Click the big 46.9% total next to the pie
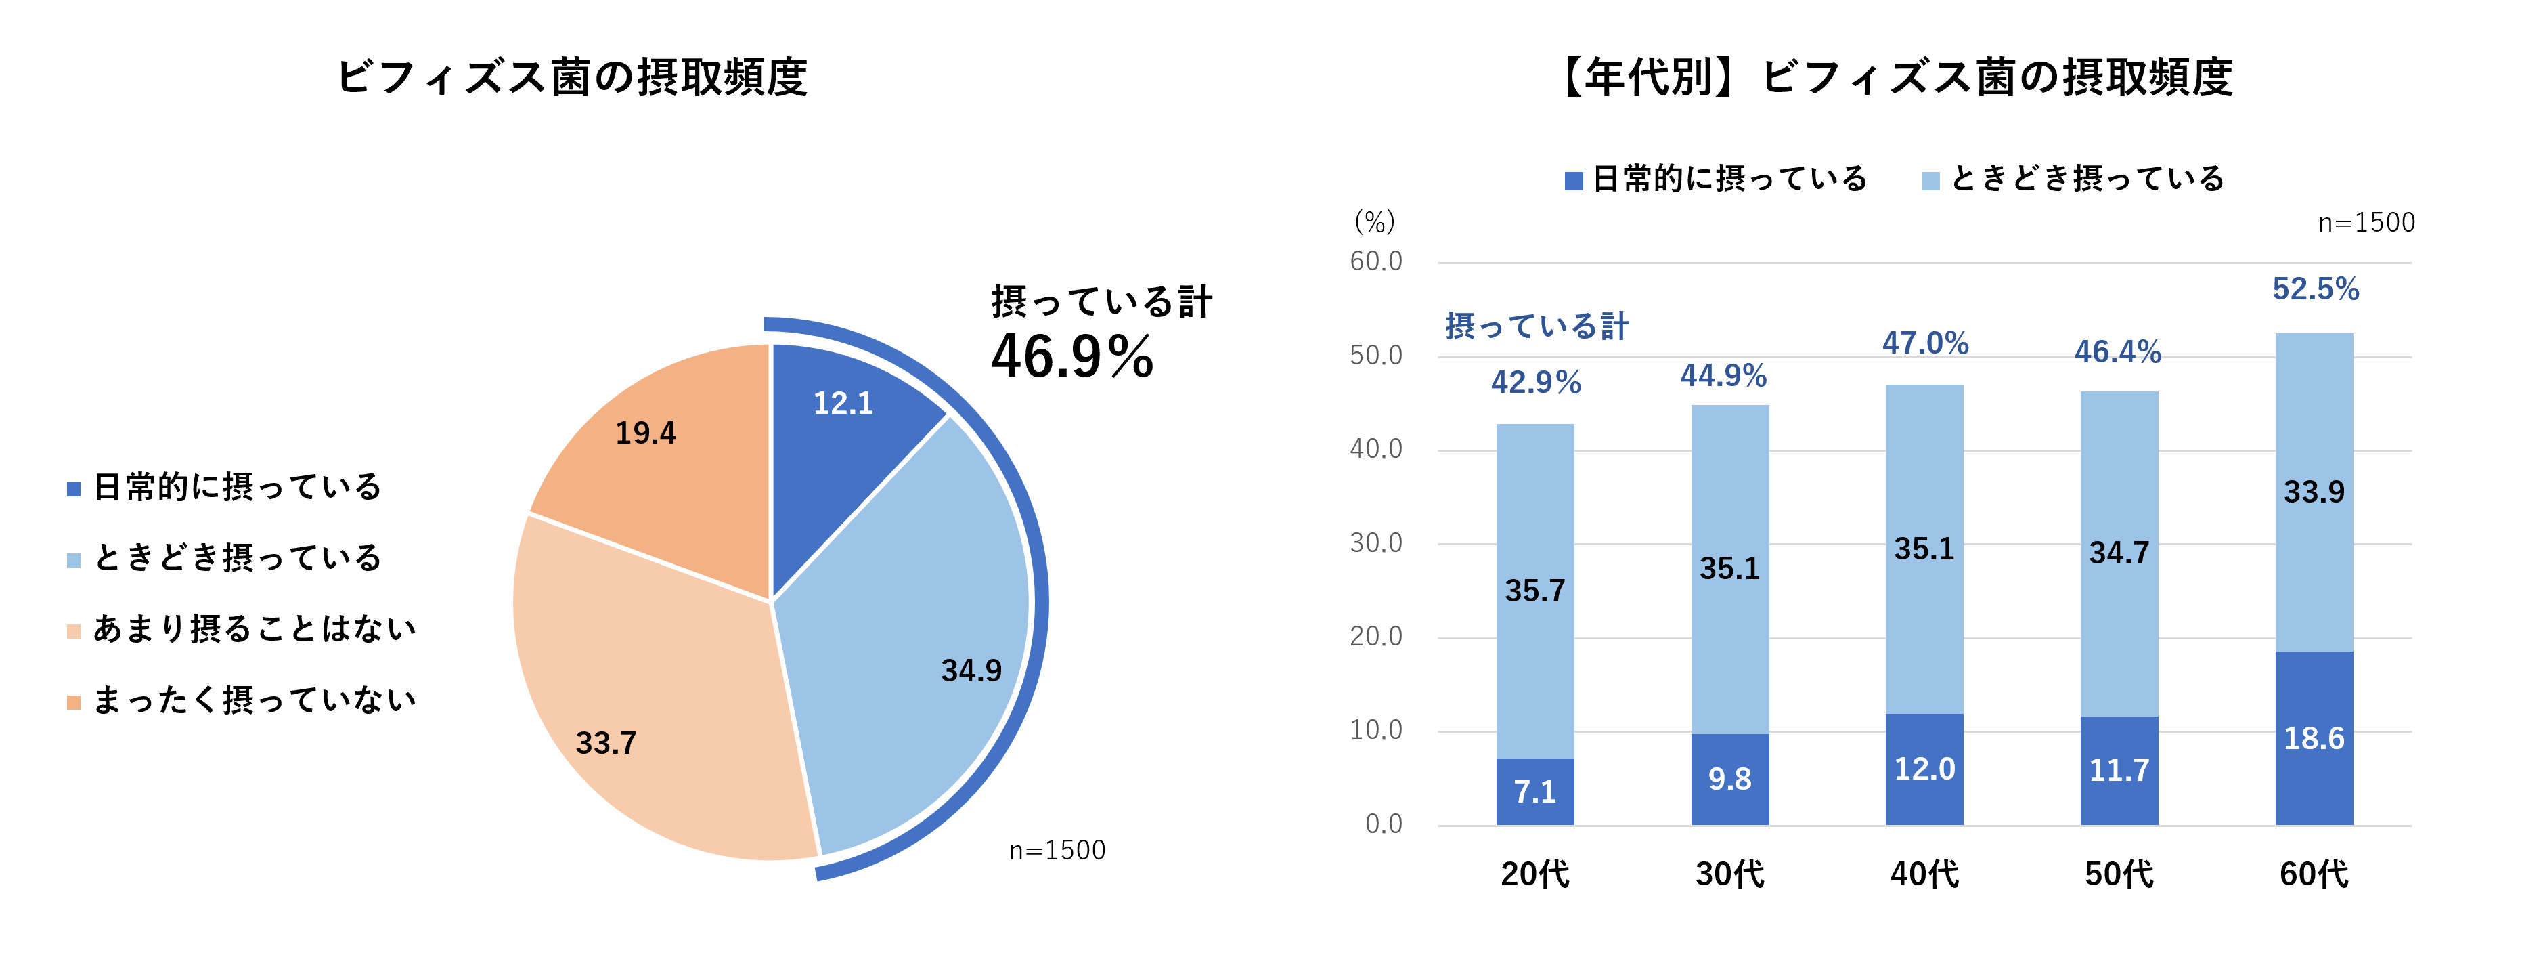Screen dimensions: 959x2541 click(x=1072, y=357)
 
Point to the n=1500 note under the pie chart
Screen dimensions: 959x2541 click(x=1057, y=851)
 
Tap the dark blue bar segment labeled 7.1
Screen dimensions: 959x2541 click(x=1535, y=791)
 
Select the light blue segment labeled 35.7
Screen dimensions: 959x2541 click(x=1535, y=590)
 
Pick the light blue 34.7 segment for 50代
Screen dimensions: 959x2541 click(x=2119, y=553)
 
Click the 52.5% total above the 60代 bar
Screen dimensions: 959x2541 click(x=2315, y=289)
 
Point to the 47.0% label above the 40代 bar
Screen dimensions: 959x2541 click(x=1924, y=343)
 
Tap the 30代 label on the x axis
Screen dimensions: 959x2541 click(x=1729, y=874)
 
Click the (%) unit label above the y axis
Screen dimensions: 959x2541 click(x=1374, y=222)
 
